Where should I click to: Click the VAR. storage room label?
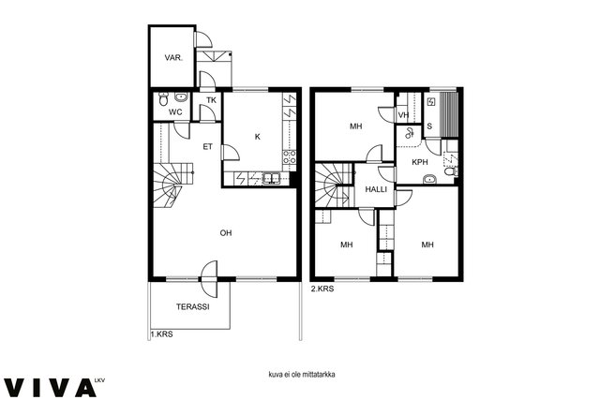173,58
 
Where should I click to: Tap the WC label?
175,112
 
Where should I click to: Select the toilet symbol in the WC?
163,98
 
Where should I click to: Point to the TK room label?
211,100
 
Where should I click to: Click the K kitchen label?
258,137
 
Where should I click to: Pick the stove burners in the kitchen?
290,157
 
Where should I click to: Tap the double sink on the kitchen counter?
271,179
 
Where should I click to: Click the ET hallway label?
208,146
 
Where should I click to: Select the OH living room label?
226,232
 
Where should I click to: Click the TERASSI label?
193,306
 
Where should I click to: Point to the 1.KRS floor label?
161,334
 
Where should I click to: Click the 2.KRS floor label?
322,289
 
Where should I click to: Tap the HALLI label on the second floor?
376,189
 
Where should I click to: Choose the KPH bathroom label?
420,162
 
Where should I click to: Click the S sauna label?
429,126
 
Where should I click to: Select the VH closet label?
403,114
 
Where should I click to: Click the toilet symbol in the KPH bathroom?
451,171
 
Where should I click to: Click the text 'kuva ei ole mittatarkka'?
302,375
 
